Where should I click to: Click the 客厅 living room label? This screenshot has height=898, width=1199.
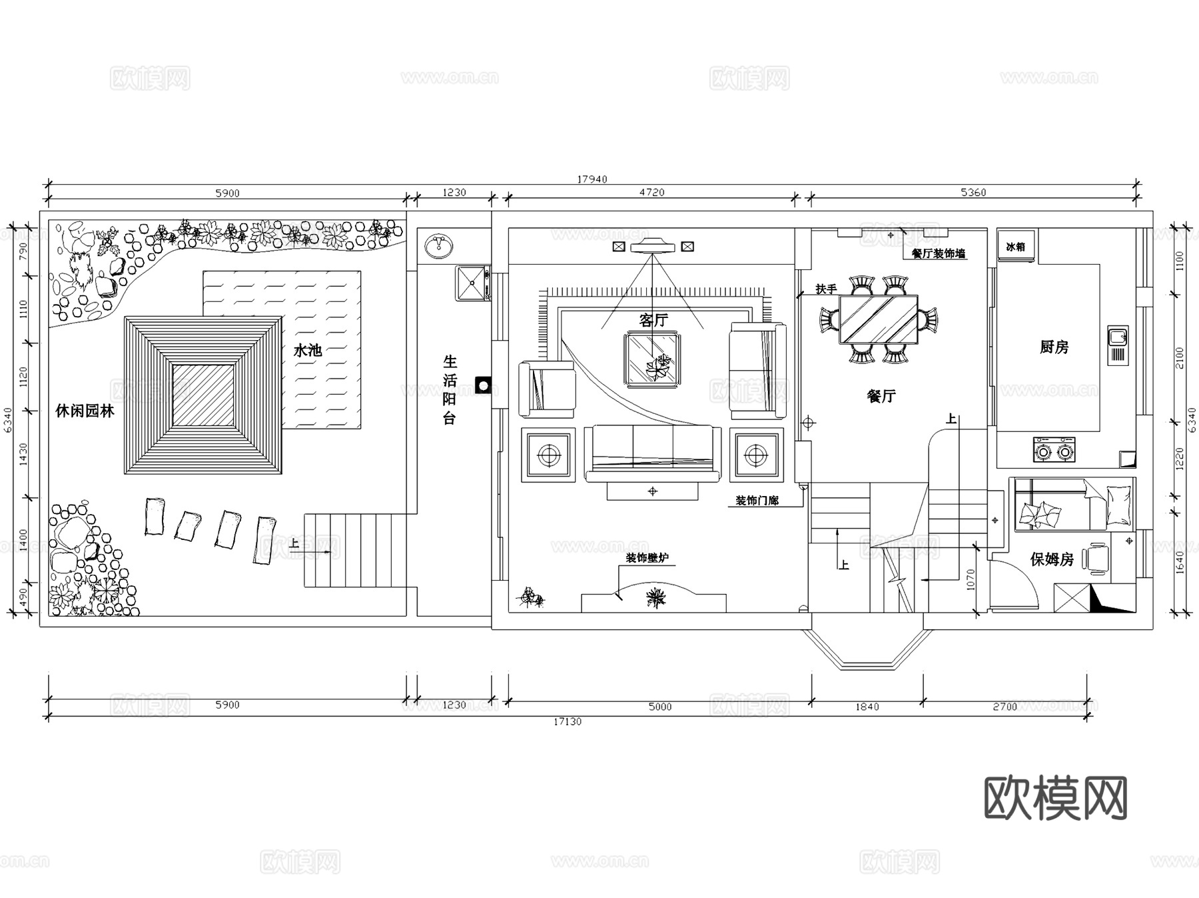point(653,320)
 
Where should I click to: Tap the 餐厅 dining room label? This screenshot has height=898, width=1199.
point(881,396)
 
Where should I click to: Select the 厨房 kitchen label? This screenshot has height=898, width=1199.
point(1054,347)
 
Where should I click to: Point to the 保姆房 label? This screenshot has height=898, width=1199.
point(1052,559)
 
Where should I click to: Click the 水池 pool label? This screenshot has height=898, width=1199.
point(308,350)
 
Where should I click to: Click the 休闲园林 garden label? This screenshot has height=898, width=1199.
point(85,411)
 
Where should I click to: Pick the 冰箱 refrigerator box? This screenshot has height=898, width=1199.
point(1016,247)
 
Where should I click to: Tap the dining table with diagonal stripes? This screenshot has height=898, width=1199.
point(878,319)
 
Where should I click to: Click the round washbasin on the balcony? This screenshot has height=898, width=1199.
point(439,246)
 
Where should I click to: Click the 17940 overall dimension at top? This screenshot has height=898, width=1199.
point(592,179)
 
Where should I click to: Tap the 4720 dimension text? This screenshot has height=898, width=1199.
point(651,193)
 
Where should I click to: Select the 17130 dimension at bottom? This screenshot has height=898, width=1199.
point(568,721)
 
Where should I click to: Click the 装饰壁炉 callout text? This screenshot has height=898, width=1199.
point(646,558)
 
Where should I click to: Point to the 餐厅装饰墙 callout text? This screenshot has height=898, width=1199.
point(938,253)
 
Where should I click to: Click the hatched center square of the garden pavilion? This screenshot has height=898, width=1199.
point(203,395)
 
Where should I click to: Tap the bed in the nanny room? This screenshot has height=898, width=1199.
point(1072,505)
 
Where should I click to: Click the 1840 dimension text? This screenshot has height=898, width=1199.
point(867,707)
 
